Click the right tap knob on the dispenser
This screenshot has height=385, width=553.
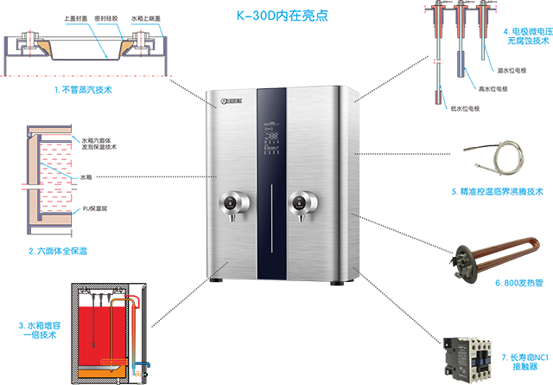(299, 203)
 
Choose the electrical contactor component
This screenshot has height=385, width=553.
(472, 355)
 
